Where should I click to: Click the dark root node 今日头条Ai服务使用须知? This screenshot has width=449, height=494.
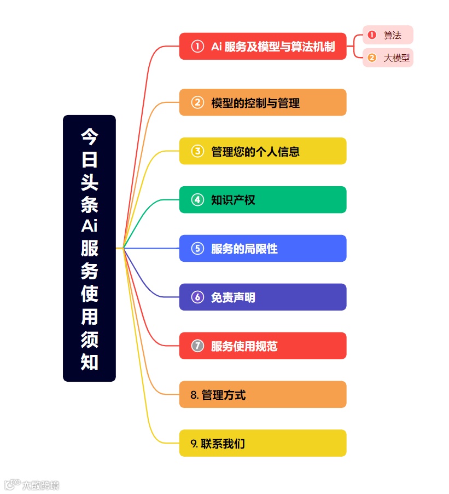point(89,248)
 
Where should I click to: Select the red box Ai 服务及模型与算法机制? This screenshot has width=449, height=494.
point(263,47)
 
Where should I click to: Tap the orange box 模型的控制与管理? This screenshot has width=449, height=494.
point(263,102)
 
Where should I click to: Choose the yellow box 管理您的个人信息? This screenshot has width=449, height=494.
point(263,151)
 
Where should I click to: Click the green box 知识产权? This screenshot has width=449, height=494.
point(263,200)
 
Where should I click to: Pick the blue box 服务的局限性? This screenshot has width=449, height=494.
point(263,249)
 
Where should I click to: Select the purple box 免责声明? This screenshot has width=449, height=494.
point(263,297)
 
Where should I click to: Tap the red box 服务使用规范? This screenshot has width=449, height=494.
point(263,346)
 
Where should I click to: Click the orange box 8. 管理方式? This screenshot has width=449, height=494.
point(263,395)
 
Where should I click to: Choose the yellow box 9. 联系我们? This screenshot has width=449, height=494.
point(263,444)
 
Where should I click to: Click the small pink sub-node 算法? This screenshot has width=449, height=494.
point(387,35)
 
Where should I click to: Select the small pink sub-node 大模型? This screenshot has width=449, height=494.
point(387,58)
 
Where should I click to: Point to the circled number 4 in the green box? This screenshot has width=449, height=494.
point(197,200)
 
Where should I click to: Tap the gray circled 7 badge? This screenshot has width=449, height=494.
point(197,346)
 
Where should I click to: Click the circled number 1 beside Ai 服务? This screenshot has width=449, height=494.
point(197,47)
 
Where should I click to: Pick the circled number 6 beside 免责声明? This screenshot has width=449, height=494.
point(197,297)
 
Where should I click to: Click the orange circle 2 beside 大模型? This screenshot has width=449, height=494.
point(372,58)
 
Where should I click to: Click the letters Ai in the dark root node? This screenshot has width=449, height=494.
point(89,226)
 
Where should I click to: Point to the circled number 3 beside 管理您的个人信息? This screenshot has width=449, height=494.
point(197,151)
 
